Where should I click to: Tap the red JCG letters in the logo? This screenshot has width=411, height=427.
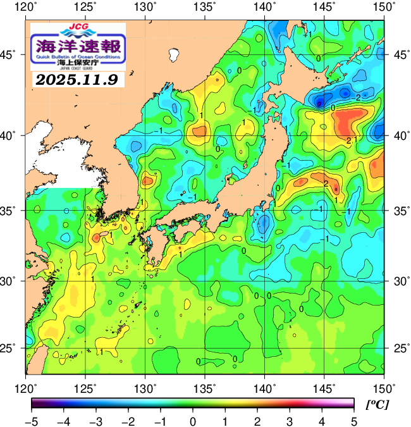click(x=78, y=28)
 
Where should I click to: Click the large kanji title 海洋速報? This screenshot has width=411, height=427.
click(x=78, y=46)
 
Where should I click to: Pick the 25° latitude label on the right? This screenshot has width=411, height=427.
click(x=398, y=349)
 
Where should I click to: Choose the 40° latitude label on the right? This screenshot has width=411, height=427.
click(x=398, y=135)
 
